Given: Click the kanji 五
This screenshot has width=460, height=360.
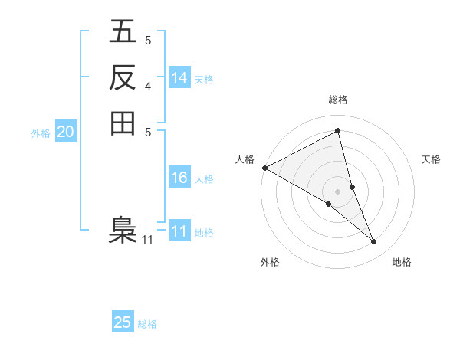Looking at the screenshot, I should tap(123, 33).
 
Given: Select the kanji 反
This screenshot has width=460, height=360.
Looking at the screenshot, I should tap(123, 77).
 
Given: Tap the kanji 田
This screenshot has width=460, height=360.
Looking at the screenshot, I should tap(123, 122).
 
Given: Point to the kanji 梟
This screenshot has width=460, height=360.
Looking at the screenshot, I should tap(123, 231).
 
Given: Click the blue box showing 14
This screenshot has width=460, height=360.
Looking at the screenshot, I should tap(179, 78).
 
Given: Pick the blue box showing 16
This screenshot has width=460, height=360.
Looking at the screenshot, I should tap(179, 178).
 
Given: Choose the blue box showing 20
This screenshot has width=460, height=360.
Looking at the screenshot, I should tap(66, 133).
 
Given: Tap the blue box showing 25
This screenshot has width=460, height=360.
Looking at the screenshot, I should tap(123, 322).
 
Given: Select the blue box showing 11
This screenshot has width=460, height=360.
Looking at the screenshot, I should tap(179, 232).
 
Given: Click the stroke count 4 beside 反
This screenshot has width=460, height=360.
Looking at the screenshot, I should tap(148, 85).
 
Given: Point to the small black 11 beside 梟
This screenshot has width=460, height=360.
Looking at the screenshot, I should tap(147, 240).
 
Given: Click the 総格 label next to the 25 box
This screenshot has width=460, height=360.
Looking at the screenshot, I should tap(147, 324).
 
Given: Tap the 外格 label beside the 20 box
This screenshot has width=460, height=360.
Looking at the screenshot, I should tap(41, 133).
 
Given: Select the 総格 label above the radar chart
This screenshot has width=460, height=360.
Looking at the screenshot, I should tap(338, 100).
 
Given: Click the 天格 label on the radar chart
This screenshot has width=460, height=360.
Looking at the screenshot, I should tap(431, 159).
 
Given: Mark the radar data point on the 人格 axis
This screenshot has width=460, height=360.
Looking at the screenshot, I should tap(264, 167).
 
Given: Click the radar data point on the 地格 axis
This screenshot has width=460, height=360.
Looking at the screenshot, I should tap(374, 242).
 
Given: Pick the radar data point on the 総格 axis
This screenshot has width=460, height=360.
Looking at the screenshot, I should tap(338, 131).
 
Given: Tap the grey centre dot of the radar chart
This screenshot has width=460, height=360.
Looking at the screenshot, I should tap(338, 191).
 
